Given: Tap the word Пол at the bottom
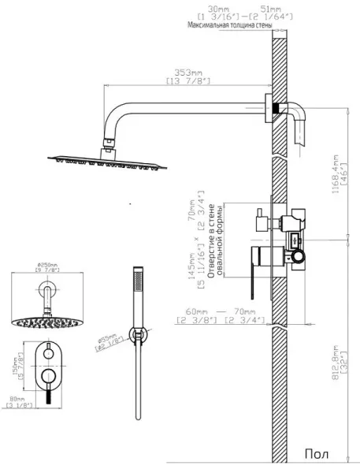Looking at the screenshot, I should pos(317,456).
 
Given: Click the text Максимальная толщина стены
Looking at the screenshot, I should pos(230,26).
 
